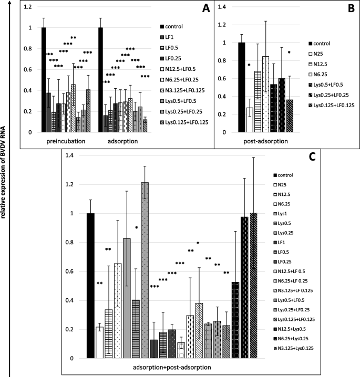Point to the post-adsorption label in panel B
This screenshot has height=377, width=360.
point(265,141)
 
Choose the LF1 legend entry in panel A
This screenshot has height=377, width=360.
point(171,36)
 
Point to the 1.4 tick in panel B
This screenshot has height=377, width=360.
point(224,7)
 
